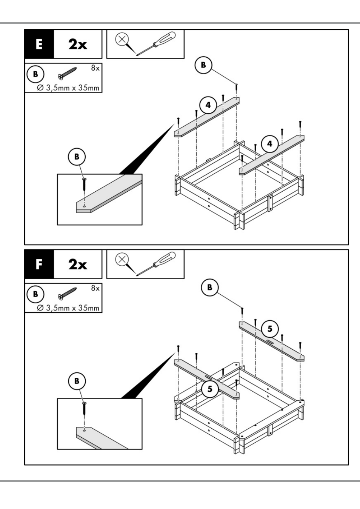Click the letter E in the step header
(x=39, y=44)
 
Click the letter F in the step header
(x=39, y=264)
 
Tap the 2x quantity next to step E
(x=78, y=44)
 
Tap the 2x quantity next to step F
(x=78, y=264)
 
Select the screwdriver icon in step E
(x=156, y=43)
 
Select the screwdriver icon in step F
(x=156, y=264)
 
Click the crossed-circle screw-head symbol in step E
(x=122, y=39)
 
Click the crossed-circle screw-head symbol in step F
(x=122, y=260)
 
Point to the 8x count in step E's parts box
(x=95, y=68)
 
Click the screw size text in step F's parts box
(x=68, y=308)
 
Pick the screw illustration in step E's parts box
(x=67, y=74)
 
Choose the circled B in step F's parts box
(x=35, y=294)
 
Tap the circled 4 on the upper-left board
(x=208, y=105)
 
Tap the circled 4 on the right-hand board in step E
(x=270, y=144)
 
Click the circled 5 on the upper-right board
(x=270, y=329)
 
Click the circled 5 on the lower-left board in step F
(x=210, y=389)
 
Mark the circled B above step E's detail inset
(x=77, y=157)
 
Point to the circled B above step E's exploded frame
(x=203, y=65)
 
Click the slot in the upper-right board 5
(x=269, y=342)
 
